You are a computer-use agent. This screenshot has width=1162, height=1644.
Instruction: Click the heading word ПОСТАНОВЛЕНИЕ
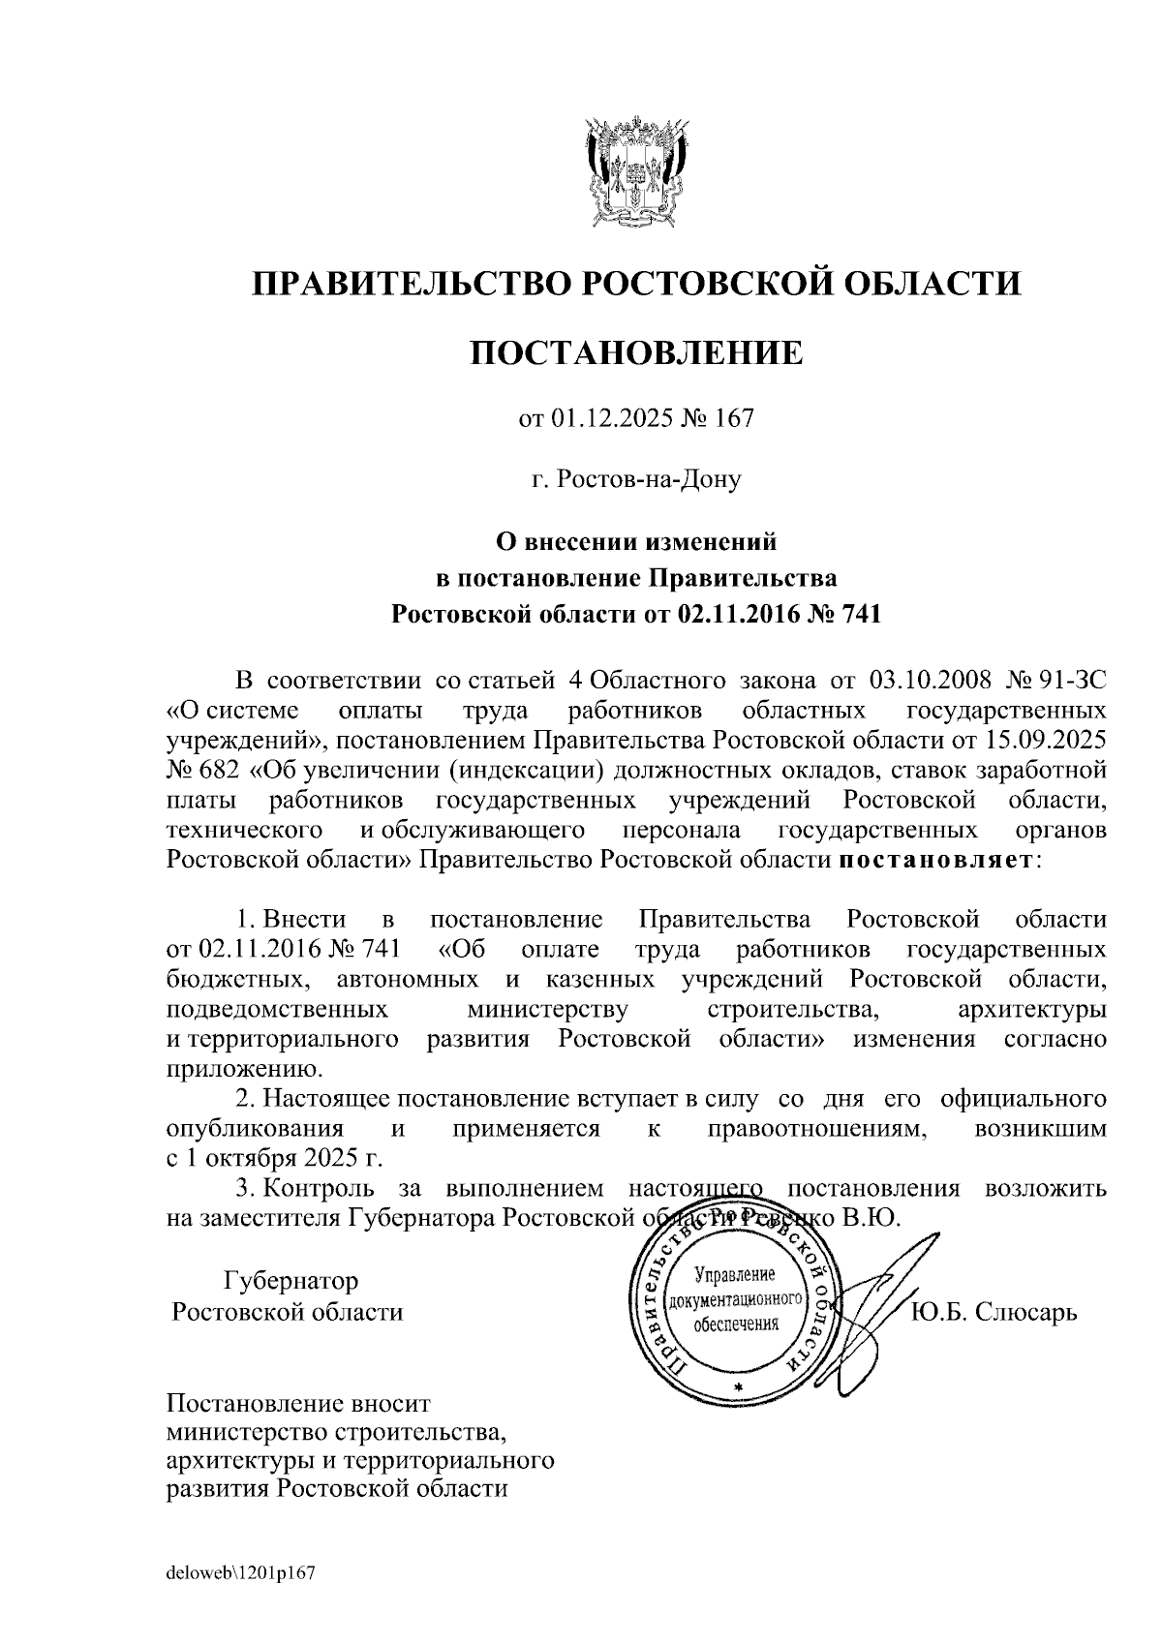636,351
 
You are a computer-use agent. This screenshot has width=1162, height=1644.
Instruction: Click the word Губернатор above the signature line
290,1281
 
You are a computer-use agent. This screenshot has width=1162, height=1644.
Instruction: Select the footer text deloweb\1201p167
242,1574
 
